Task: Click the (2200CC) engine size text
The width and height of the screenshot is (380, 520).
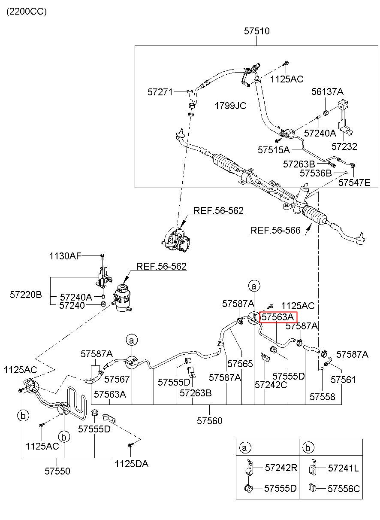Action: click(x=27, y=12)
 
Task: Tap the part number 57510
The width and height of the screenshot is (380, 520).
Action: click(x=256, y=31)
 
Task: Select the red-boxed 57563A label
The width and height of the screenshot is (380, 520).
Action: click(x=278, y=317)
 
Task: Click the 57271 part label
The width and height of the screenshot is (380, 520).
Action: click(x=160, y=92)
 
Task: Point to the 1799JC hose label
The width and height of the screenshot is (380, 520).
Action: click(x=230, y=106)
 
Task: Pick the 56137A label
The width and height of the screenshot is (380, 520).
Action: click(x=327, y=91)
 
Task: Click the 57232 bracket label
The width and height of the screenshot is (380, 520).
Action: click(x=344, y=146)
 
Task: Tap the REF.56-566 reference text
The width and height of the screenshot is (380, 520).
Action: click(x=275, y=230)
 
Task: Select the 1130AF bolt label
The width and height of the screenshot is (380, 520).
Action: click(x=65, y=256)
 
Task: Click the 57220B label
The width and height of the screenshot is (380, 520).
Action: click(x=26, y=295)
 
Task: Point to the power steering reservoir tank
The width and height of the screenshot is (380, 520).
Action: click(x=122, y=298)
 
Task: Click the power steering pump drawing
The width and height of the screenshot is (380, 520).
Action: click(x=176, y=240)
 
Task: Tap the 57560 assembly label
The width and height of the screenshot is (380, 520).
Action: click(x=210, y=421)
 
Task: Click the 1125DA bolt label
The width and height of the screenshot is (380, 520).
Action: click(x=132, y=464)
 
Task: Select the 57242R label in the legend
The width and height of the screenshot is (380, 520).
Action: click(x=281, y=468)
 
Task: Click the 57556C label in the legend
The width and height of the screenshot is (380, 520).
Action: click(x=344, y=489)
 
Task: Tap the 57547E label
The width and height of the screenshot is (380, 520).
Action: click(x=354, y=182)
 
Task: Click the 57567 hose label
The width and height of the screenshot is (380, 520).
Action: click(x=117, y=379)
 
